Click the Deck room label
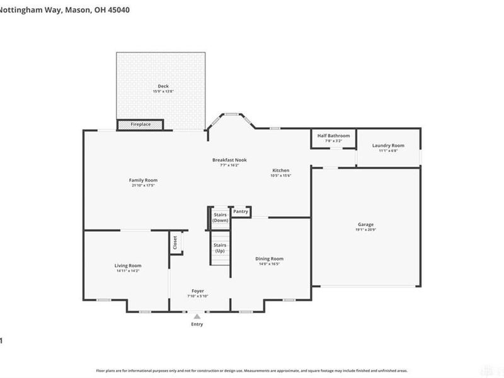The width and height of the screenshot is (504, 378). tap(163, 86)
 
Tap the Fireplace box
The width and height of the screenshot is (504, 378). tap(140, 125)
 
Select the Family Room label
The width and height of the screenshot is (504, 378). tap(143, 180)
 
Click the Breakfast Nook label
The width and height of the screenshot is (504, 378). tap(229, 160)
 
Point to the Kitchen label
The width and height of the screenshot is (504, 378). tap(280, 171)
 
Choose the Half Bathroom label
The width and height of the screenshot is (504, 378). tap(333, 135)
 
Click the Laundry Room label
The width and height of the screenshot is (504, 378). tap(388, 146)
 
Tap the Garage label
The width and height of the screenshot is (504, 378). tap(365, 225)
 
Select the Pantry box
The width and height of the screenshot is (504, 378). tap(241, 212)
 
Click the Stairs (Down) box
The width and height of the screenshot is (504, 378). tap(220, 217)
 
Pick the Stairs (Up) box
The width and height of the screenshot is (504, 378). tap(220, 248)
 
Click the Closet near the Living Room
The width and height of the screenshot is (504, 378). tap(175, 243)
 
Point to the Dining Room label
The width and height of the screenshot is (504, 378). tap(269, 259)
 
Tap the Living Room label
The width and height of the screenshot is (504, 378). tap(127, 266)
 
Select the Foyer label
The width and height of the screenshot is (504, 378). tap(197, 291)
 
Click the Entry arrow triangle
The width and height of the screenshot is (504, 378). tap(197, 316)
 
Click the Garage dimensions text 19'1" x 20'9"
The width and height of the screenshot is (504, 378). tap(365, 230)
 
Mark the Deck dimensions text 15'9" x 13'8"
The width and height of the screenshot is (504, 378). tap(163, 92)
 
